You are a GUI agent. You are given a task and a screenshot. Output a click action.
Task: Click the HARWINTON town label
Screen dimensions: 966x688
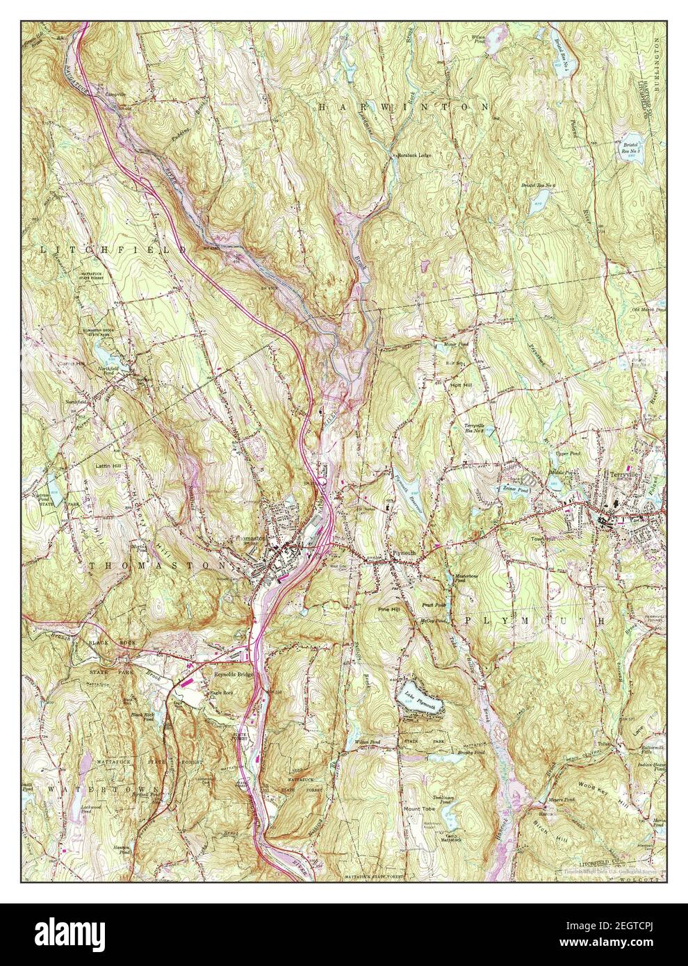coord(404,107)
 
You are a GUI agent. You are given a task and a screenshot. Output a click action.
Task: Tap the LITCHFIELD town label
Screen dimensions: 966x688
coord(114,248)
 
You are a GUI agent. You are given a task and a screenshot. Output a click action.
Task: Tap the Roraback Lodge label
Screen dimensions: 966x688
coord(415,155)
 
